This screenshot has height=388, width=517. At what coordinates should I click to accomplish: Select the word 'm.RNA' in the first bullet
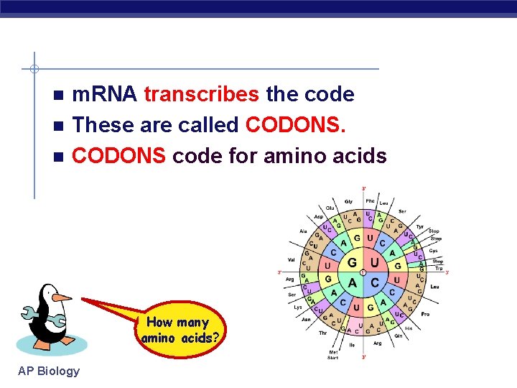106,94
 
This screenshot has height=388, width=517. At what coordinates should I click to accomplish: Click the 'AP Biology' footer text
50,371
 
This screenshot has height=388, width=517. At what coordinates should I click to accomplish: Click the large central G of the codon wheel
352,263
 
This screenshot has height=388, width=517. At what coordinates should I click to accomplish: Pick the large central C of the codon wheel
374,283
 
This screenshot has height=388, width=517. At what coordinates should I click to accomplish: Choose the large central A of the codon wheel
353,283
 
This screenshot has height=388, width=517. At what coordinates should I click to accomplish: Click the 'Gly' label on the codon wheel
349,202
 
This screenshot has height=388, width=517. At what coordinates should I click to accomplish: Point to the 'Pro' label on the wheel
425,314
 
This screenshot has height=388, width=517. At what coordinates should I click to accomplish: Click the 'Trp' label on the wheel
438,268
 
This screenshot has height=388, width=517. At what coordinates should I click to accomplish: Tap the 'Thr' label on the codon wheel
323,333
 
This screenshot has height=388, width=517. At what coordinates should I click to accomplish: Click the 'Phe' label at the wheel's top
370,201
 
